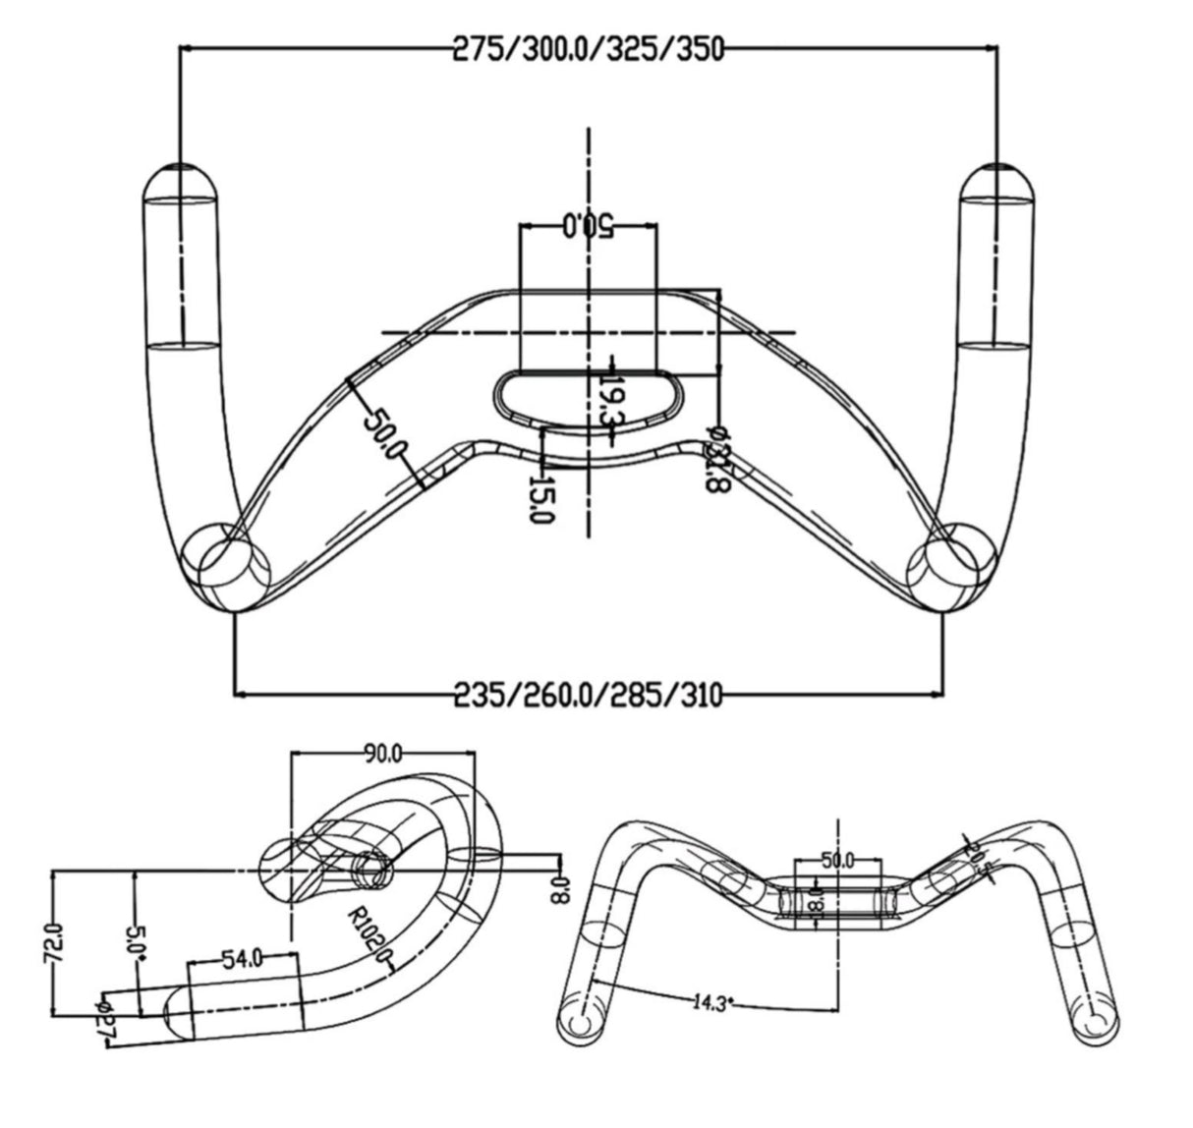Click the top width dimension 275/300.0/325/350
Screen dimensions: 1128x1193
coord(588,49)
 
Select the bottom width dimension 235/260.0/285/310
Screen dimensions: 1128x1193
coord(588,696)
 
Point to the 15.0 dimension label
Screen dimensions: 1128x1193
coord(540,498)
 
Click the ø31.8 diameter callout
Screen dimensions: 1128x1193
coord(717,460)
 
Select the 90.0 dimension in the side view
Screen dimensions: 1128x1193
coord(383,754)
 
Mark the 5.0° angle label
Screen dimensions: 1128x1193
coord(137,949)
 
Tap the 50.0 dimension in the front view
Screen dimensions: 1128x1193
coord(837,860)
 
